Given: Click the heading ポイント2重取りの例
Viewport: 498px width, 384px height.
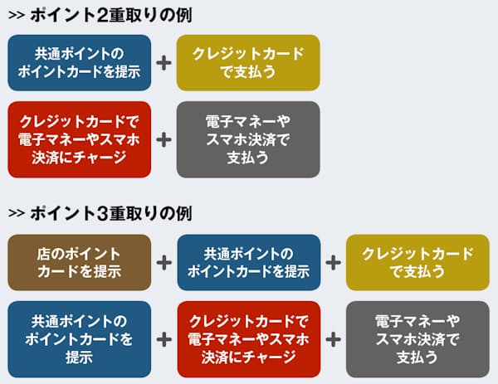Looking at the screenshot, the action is (x=111, y=15).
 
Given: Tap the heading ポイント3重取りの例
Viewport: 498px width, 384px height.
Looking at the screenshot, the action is (x=111, y=213).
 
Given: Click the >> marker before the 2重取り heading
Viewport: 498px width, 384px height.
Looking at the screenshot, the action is (x=17, y=16).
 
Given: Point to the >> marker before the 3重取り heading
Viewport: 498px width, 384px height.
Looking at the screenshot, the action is (x=17, y=213).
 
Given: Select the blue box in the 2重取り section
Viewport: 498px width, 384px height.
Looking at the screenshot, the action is (x=80, y=63).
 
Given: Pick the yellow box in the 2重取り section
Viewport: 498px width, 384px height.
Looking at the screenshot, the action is (x=248, y=63).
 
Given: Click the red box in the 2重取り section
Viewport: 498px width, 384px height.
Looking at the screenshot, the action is (x=80, y=139).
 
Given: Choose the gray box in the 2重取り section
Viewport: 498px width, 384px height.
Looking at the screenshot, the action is (x=248, y=139).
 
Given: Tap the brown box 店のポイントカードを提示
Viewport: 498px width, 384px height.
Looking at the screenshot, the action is (x=80, y=262).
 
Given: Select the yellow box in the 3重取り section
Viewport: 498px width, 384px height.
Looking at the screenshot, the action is (x=417, y=262).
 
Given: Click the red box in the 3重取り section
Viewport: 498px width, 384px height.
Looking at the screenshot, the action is (x=249, y=339).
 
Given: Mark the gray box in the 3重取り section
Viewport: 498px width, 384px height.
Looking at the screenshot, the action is (x=417, y=339).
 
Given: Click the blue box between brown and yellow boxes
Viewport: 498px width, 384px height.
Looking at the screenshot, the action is (x=249, y=262).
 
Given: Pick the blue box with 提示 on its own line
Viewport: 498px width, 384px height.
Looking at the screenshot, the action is (x=80, y=339).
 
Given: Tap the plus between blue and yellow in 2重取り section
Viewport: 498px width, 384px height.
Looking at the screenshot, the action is (x=164, y=63).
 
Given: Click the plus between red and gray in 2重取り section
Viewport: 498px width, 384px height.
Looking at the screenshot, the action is (x=164, y=139).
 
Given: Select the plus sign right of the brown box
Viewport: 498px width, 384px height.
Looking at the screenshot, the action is (x=164, y=263).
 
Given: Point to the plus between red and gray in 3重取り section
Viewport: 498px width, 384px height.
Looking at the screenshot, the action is (x=333, y=339).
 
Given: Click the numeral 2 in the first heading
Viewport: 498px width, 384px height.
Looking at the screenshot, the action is (x=102, y=16).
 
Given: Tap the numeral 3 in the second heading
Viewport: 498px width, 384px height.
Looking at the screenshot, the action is (x=102, y=213).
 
